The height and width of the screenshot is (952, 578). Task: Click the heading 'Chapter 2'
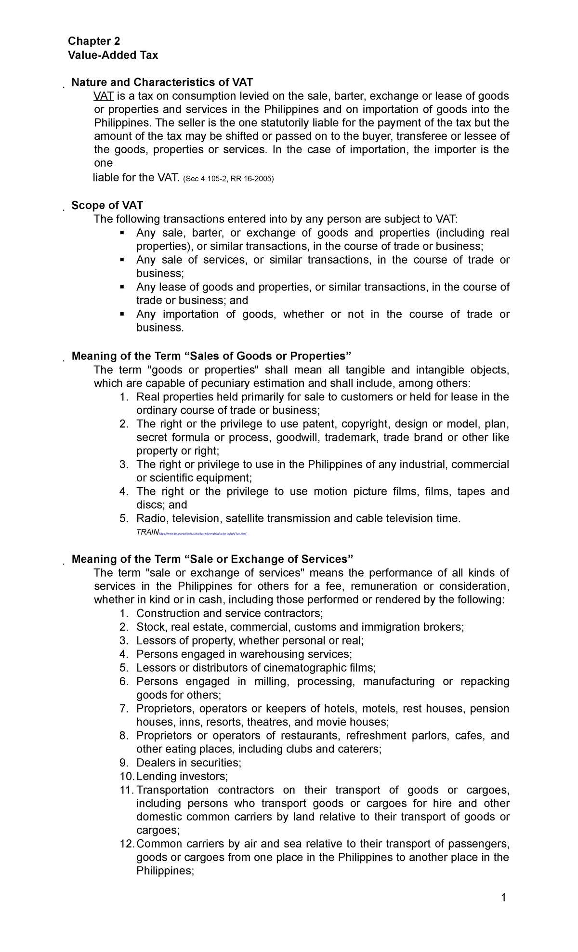click(x=94, y=41)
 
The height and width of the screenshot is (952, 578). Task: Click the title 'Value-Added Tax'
click(x=113, y=55)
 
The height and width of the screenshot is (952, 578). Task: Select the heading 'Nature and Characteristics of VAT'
click(x=162, y=82)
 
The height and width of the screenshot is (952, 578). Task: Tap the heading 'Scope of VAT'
click(x=107, y=206)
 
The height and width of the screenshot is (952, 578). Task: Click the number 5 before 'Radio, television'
click(x=124, y=518)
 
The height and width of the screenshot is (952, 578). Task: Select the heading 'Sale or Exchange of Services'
click(x=212, y=559)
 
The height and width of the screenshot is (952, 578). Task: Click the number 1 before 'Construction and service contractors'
click(x=124, y=613)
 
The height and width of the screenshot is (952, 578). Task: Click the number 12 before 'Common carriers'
click(x=126, y=844)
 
